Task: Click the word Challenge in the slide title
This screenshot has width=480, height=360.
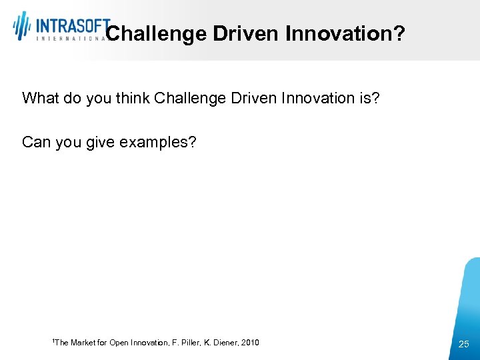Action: point(156,34)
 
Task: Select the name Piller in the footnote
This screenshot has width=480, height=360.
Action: point(186,343)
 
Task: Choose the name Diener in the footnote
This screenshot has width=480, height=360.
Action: point(223,343)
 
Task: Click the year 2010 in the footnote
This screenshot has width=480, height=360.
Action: point(250,343)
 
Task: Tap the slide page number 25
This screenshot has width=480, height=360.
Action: point(464,343)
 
